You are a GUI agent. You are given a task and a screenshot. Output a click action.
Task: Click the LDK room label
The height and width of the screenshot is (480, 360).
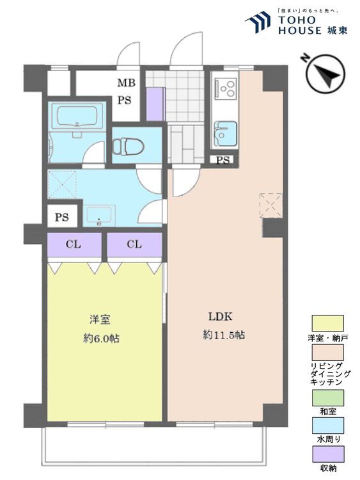[x=220, y=317]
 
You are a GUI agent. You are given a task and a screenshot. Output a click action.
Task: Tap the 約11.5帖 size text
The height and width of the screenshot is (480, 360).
[x=224, y=335]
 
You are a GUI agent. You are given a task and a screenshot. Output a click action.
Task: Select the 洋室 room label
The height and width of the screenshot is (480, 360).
[x=100, y=319]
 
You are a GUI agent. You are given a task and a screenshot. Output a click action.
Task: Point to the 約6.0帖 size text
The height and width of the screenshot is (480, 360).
[x=101, y=339]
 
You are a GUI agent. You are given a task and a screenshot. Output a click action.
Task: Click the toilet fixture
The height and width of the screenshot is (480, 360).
[x=128, y=147]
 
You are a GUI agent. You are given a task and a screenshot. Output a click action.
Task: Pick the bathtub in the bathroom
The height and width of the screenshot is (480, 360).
[x=77, y=116]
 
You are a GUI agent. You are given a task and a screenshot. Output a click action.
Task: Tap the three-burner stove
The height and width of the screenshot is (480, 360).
[x=226, y=88]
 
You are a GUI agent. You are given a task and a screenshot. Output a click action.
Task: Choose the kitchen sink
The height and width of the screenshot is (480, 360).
[x=226, y=134]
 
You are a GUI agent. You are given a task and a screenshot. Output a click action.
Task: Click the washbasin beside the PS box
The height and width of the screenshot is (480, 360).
[x=99, y=216]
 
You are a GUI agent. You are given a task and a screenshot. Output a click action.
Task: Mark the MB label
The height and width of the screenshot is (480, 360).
[x=127, y=83]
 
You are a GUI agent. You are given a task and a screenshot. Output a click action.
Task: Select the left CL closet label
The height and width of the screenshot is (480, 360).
[x=74, y=244]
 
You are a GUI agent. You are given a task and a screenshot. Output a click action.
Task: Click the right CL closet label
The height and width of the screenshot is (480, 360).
[x=134, y=244]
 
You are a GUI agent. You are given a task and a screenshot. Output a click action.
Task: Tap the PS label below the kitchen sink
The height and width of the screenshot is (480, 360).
[x=223, y=160]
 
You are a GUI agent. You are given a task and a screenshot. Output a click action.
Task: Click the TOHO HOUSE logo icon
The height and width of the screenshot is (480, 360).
[x=258, y=21]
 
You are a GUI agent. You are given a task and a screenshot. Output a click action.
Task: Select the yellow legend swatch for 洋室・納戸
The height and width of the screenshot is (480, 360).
[x=327, y=323]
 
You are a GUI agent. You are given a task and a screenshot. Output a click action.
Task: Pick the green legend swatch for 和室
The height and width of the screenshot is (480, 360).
[x=327, y=397]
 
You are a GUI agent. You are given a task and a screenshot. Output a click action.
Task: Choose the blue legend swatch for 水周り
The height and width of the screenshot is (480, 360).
[x=327, y=426]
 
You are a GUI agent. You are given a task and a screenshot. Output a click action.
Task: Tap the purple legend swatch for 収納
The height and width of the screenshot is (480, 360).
[x=327, y=454]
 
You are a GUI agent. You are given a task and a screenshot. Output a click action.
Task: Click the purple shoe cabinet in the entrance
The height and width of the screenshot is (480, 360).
[x=155, y=104]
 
